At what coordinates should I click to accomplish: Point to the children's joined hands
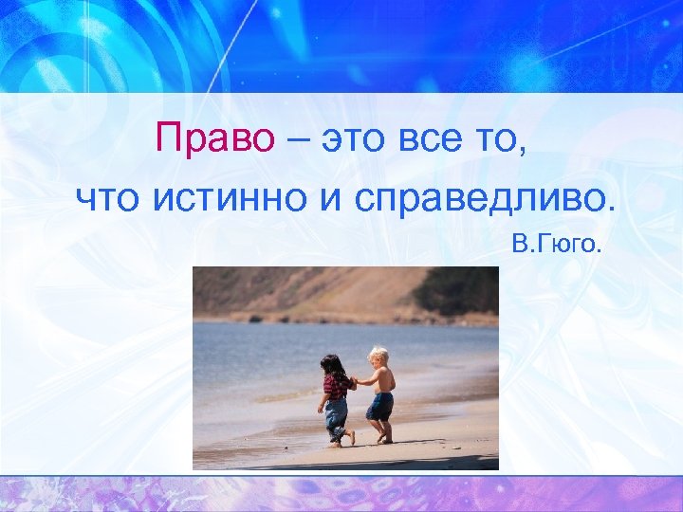354,382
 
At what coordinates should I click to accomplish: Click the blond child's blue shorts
380,406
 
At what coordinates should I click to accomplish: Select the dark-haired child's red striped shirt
335,387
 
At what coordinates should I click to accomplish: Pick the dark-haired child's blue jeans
336,415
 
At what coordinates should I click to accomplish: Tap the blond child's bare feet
382,439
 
